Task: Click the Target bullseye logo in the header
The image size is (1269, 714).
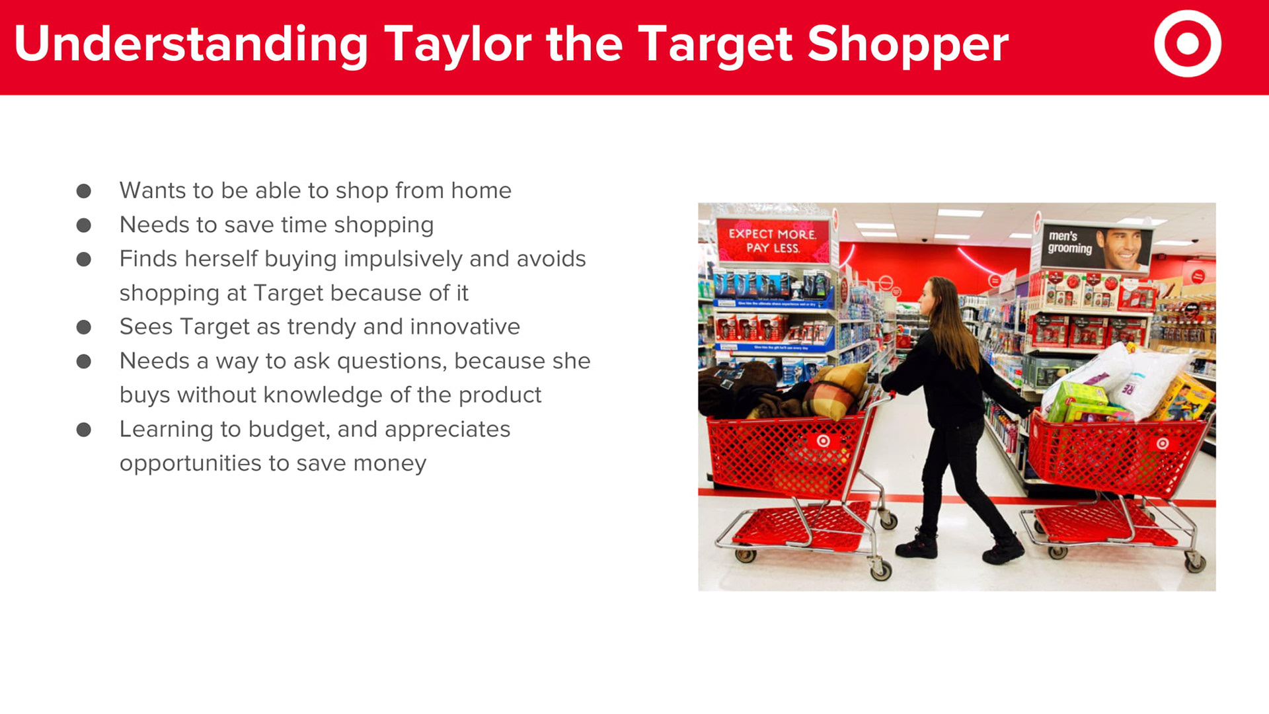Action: coord(1188,44)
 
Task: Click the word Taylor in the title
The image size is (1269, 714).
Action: coord(457,45)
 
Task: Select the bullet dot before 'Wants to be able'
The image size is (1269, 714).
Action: coord(84,191)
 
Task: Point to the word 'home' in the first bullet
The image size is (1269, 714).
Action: coord(481,190)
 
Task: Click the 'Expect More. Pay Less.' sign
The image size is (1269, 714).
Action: coord(773,241)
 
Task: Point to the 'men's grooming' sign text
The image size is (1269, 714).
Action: coord(1069,242)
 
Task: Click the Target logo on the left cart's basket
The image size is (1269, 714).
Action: coord(823,441)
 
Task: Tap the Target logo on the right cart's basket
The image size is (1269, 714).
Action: coord(1163,443)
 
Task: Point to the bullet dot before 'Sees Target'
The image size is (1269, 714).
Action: coord(84,327)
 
